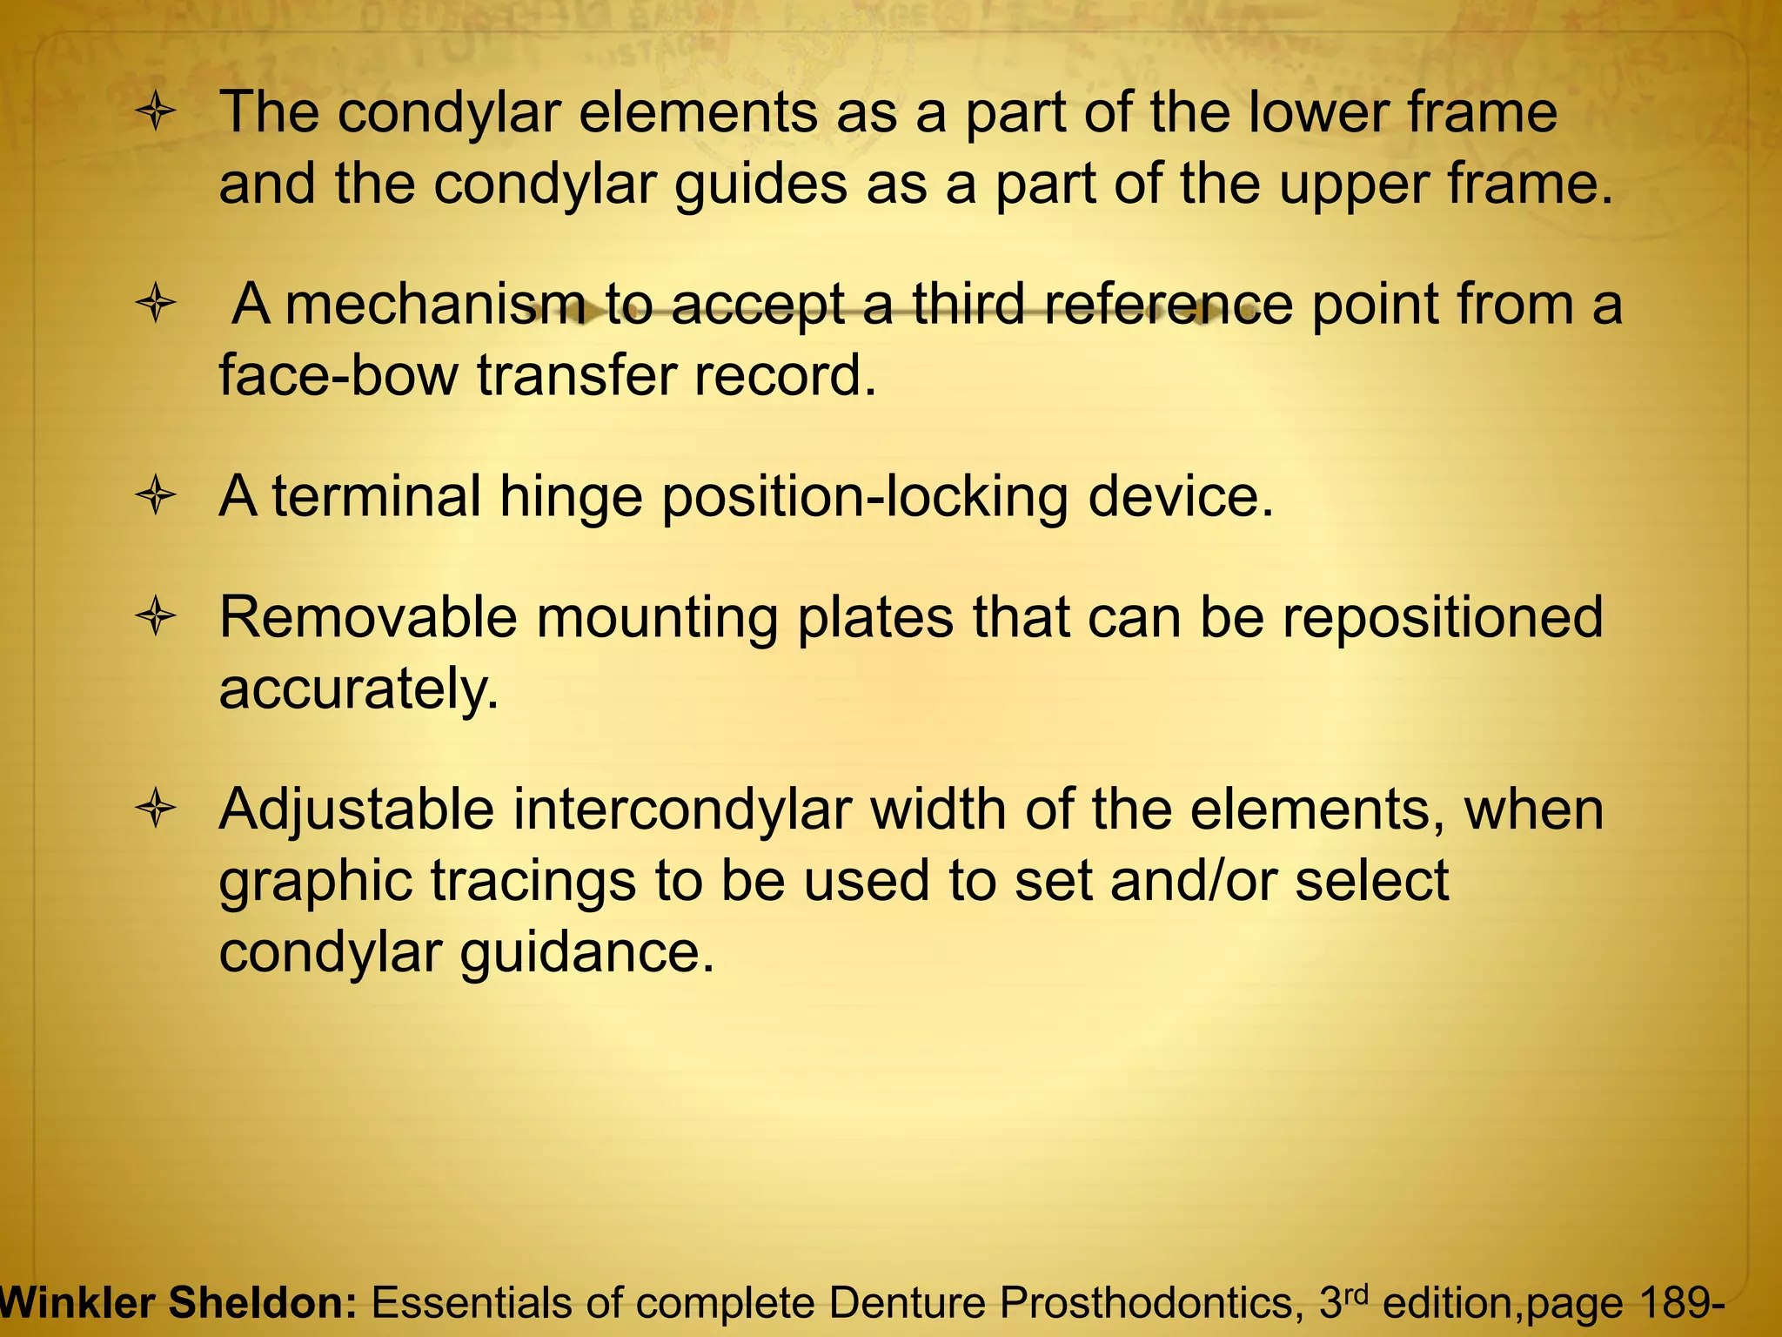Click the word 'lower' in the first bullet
pyautogui.click(x=1334, y=113)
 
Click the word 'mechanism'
pyautogui.click(x=435, y=305)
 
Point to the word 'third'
pyautogui.click(x=968, y=305)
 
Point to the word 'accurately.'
pyautogui.click(x=359, y=690)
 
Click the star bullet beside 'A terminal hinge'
pyautogui.click(x=157, y=498)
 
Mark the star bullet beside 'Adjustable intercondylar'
pyautogui.click(x=157, y=810)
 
